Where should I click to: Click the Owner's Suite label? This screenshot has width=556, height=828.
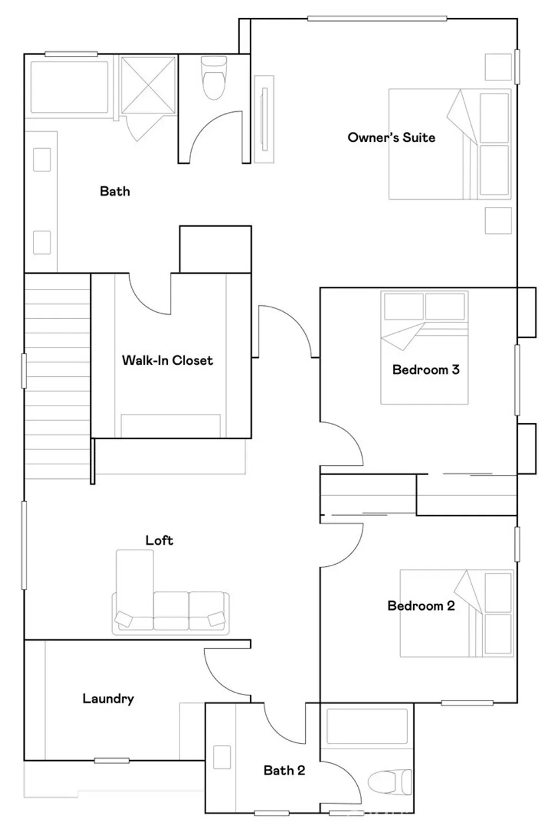(x=391, y=137)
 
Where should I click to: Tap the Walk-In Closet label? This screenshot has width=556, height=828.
(x=167, y=361)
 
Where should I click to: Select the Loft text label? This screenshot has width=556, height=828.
(x=159, y=540)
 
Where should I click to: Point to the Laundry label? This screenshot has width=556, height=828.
(x=108, y=699)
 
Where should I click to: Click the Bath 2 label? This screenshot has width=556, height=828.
(x=285, y=770)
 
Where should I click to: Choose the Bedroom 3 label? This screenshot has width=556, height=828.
(x=426, y=370)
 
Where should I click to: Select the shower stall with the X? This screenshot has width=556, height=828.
(x=148, y=85)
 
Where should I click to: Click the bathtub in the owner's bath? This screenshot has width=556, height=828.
(x=69, y=87)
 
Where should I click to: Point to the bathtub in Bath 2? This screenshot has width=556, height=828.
(x=367, y=726)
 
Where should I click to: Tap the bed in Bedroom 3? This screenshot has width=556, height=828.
(x=425, y=347)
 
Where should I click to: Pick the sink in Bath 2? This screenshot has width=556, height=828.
(x=222, y=757)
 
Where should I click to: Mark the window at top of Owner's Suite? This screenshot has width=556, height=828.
(x=377, y=18)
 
